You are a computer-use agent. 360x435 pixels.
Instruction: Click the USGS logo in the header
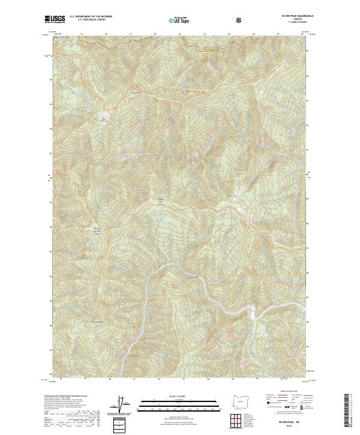(55, 20)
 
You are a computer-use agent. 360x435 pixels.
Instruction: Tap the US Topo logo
(178, 20)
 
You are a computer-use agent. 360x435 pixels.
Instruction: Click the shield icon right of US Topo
(205, 20)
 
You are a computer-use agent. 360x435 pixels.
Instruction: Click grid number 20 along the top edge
(106, 34)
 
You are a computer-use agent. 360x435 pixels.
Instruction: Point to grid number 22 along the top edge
(155, 34)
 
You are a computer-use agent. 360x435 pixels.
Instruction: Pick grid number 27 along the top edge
(278, 34)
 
